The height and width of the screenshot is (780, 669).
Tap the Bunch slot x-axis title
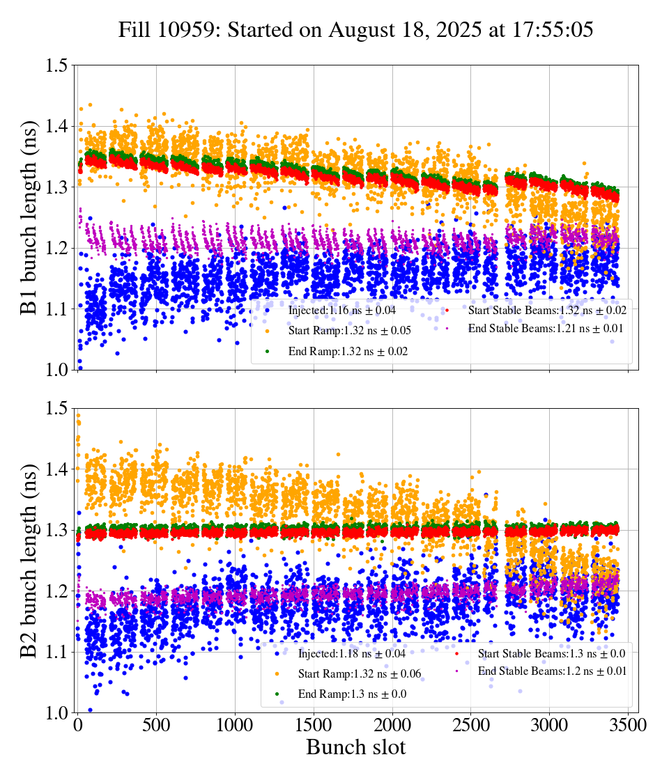[x=355, y=748]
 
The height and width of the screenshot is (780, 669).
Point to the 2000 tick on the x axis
[x=392, y=726]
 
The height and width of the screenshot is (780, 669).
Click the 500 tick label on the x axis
[x=156, y=726]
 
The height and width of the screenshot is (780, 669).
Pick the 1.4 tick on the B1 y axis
[x=56, y=127]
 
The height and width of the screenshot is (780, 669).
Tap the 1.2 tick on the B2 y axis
[x=56, y=591]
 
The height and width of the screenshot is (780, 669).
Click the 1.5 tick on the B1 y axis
[x=56, y=66]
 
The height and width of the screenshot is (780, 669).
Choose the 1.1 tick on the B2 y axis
[x=56, y=652]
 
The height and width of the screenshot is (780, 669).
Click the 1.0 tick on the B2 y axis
[x=56, y=712]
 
